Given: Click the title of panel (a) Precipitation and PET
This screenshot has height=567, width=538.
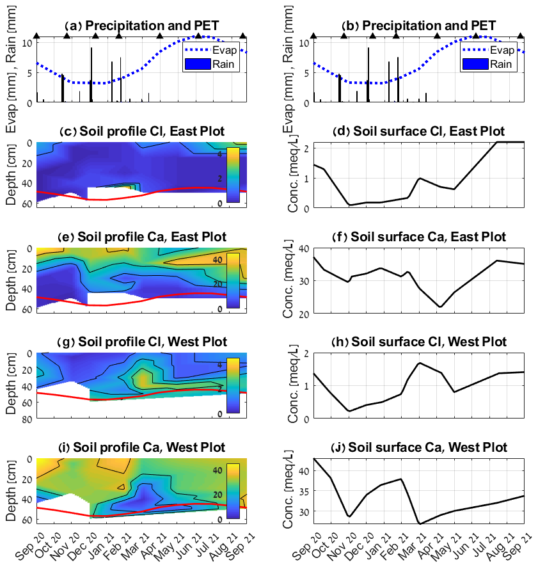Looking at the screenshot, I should click(143, 26).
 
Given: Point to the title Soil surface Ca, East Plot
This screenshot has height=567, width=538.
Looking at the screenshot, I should click(421, 237).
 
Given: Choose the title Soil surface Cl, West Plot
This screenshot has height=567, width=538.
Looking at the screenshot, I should click(421, 342).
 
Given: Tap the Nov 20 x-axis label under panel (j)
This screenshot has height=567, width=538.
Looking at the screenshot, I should click(343, 545).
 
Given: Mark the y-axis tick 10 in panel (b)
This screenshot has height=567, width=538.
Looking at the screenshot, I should click(303, 43).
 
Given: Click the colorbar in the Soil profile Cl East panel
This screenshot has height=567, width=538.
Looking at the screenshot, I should click(233, 175).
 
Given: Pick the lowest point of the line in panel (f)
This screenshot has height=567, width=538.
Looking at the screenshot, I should click(440, 307).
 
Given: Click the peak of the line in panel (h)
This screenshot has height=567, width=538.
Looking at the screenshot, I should click(419, 363).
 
